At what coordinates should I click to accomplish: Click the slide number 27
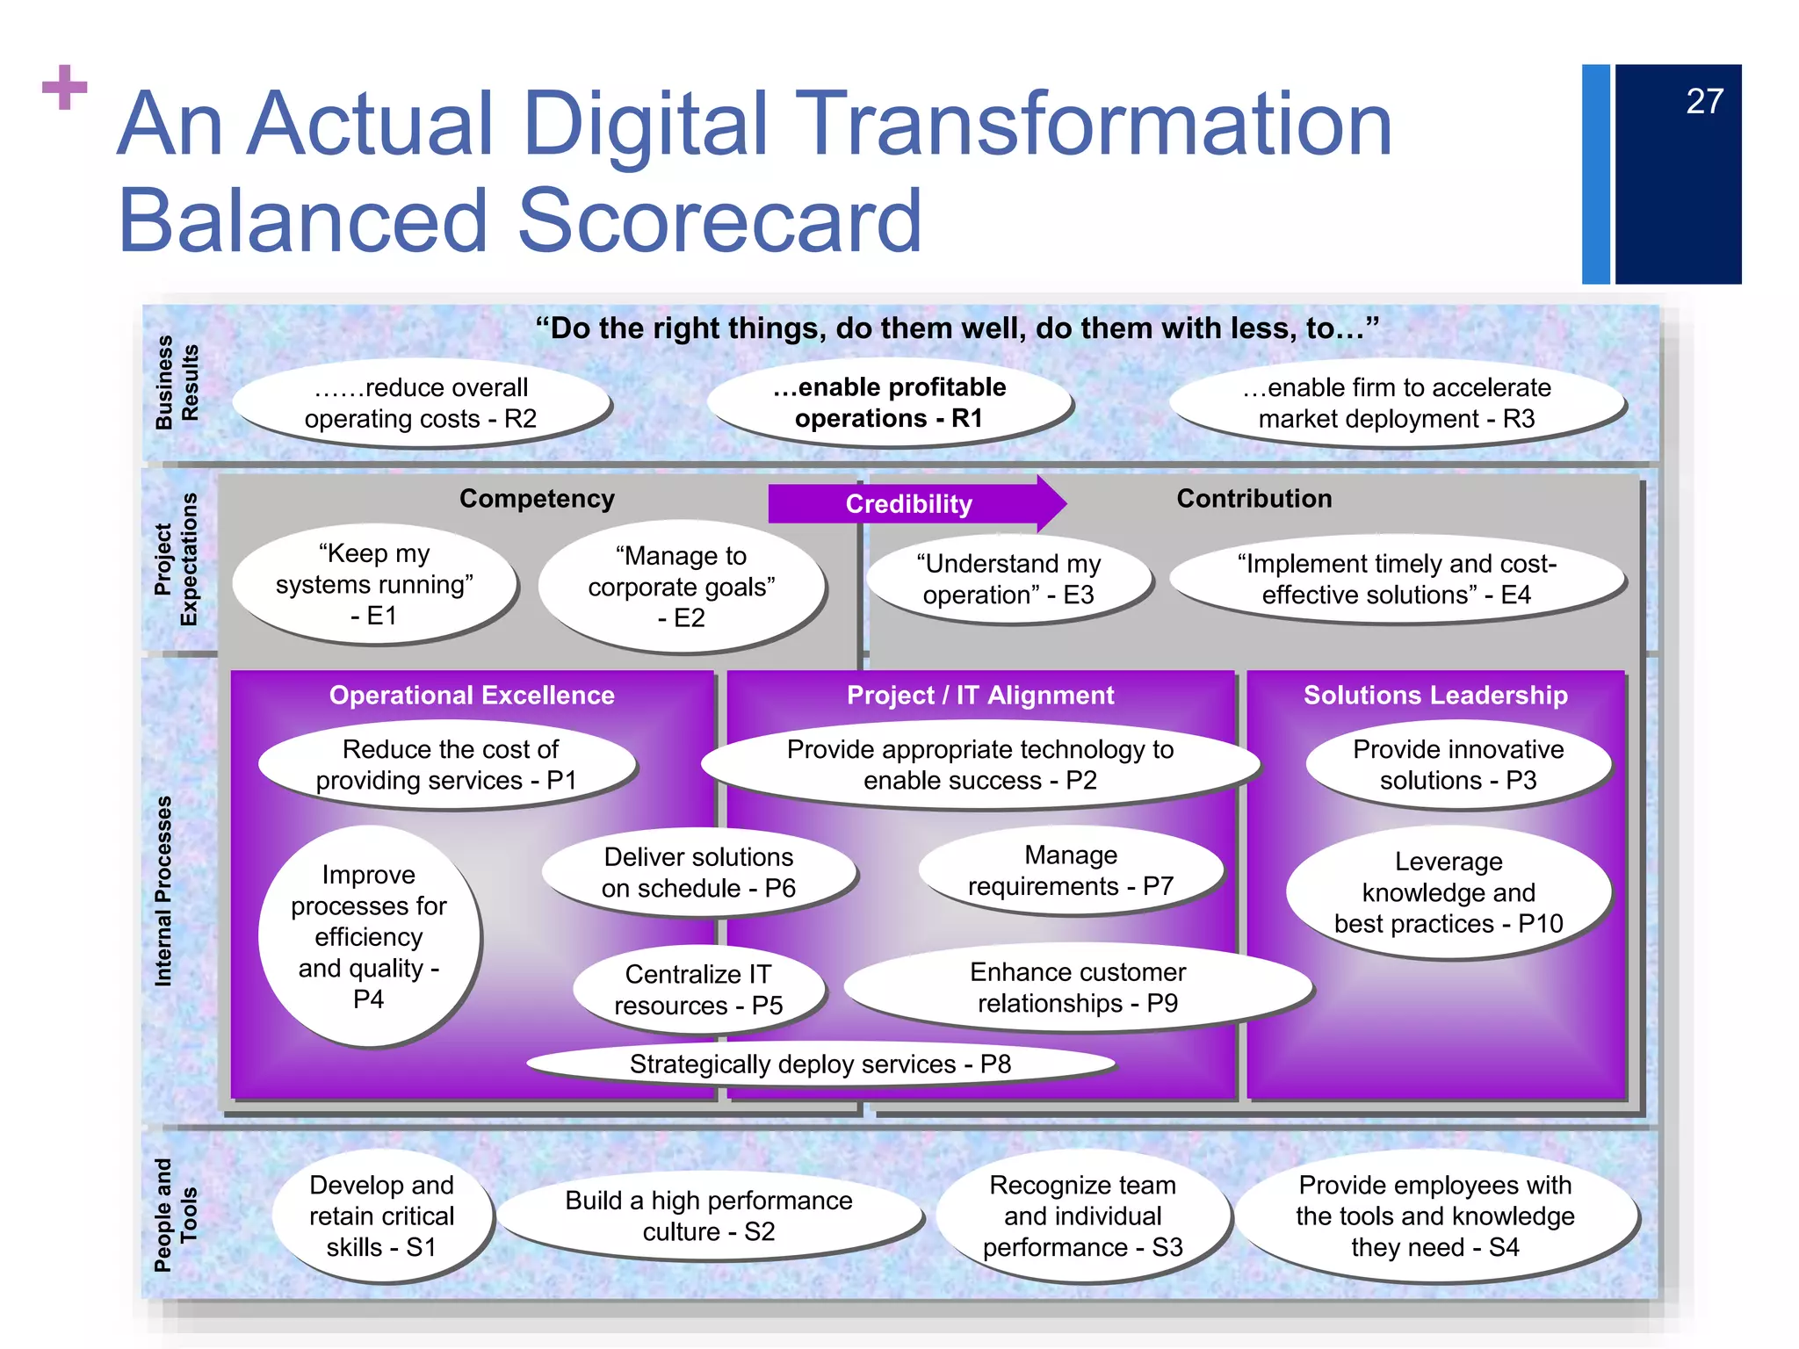tap(1703, 102)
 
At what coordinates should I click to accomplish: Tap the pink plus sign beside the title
tap(65, 88)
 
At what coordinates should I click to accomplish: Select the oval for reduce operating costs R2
tap(421, 403)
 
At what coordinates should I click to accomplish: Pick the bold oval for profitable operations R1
tap(889, 403)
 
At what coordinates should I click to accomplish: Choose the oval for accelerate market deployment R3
tap(1397, 403)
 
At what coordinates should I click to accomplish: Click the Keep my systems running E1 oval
tap(374, 585)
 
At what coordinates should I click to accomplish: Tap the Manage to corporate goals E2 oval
tap(682, 587)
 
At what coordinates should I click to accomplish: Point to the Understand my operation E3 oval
tap(1008, 580)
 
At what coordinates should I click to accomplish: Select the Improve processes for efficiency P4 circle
tap(369, 936)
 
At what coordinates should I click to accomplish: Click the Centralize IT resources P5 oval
tap(698, 990)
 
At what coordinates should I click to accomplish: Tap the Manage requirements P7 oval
tap(1071, 870)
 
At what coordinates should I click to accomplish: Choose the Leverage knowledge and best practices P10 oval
tap(1449, 892)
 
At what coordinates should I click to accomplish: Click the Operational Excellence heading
tap(472, 696)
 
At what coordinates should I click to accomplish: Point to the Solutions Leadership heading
tap(1435, 696)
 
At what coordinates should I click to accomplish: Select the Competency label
tap(537, 499)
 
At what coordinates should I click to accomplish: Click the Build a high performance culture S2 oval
tap(708, 1216)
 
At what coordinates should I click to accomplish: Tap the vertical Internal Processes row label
tap(163, 891)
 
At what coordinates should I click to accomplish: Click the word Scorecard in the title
tap(719, 220)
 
